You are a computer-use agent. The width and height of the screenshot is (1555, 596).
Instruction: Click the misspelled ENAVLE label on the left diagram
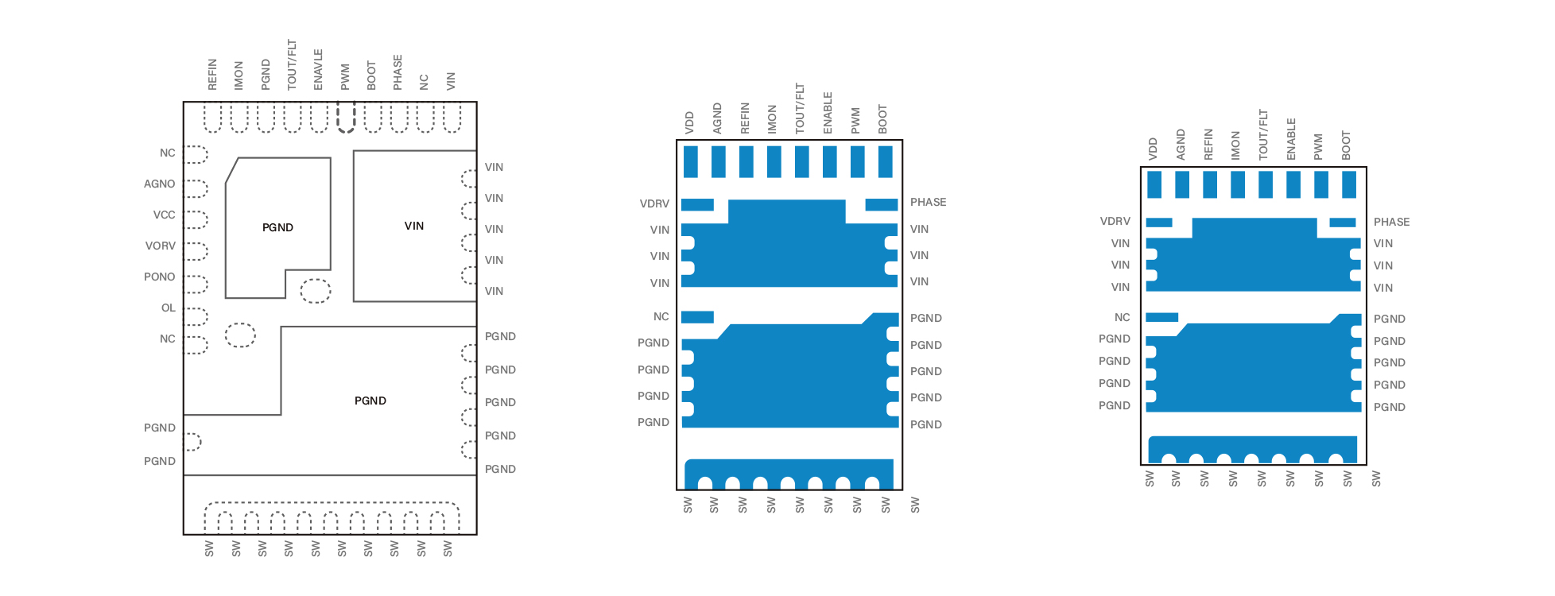point(318,69)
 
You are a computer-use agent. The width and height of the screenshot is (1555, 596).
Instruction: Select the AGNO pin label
point(159,184)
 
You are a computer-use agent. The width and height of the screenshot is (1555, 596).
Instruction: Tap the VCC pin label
point(164,215)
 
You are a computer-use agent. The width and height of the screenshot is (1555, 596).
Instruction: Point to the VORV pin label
point(160,246)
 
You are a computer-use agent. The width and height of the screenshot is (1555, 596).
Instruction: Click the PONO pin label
point(159,277)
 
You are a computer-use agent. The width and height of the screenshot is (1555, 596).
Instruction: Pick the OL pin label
point(168,308)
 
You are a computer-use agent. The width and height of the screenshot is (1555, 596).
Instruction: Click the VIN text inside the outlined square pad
point(414,226)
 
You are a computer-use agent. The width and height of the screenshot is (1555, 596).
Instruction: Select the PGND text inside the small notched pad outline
point(277,227)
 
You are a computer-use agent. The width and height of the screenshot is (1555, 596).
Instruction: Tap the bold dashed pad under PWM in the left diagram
point(346,118)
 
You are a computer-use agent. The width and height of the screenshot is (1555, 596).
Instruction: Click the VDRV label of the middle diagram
point(654,203)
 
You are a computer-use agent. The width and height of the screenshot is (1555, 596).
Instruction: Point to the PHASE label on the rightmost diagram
point(1391,222)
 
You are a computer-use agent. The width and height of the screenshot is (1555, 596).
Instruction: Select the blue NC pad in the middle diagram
point(697,317)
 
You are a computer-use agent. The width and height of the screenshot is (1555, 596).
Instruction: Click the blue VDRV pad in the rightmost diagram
point(1159,223)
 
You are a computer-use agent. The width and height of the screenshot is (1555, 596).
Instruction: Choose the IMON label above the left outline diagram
point(238,75)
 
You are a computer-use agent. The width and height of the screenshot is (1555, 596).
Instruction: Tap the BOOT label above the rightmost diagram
point(1346,145)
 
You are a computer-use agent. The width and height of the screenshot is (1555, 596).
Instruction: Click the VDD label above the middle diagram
point(689,122)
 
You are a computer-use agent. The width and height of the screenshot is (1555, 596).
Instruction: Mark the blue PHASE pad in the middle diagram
point(882,205)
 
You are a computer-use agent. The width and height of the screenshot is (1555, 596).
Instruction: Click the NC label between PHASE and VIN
point(424,82)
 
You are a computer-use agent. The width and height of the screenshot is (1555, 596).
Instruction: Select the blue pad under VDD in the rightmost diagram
point(1154,184)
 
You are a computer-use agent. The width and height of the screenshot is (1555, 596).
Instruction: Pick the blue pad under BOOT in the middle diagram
point(885,161)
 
